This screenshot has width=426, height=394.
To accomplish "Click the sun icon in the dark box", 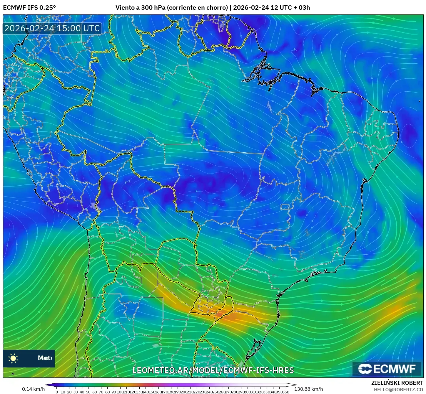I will point(13,358).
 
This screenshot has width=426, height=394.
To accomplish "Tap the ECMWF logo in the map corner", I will point(387,369).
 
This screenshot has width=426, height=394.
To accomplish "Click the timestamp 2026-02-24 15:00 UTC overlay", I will point(52,28).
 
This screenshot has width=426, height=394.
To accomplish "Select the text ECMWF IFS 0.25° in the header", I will point(29,8).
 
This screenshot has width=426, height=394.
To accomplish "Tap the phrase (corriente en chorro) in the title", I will point(197,8).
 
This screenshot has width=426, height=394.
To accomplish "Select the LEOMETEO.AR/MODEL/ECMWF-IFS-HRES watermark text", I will point(213,370).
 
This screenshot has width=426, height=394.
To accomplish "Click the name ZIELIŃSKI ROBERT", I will point(397,383).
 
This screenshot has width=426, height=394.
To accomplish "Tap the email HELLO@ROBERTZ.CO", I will point(398,390).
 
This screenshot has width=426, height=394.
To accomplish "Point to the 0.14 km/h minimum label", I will point(33,389).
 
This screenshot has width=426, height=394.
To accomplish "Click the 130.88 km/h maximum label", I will point(308,389).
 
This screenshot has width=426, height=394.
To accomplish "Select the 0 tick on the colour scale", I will point(57,392).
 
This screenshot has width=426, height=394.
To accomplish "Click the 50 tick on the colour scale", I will point(88,392).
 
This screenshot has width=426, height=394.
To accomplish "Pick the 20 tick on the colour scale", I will point(69,392).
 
